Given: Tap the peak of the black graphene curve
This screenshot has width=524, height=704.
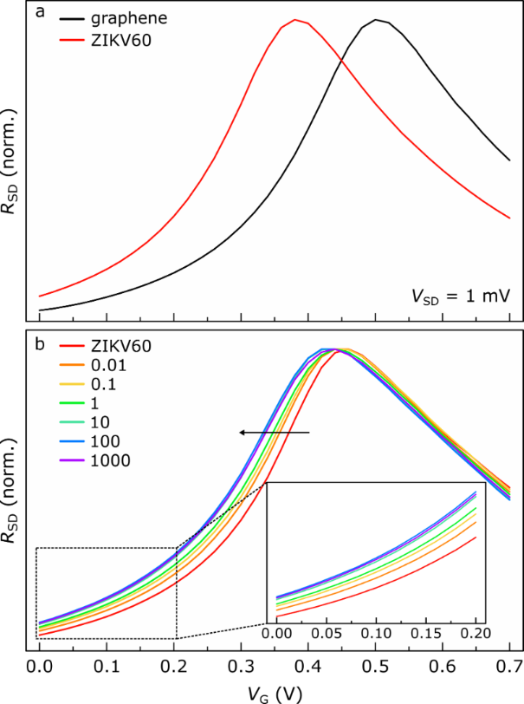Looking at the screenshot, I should (x=376, y=20).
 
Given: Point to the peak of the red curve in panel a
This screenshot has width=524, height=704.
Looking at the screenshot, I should (x=295, y=20).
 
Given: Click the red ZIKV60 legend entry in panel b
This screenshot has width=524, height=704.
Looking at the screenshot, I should (x=114, y=347).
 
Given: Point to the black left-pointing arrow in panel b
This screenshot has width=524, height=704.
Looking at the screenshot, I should (x=275, y=431).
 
